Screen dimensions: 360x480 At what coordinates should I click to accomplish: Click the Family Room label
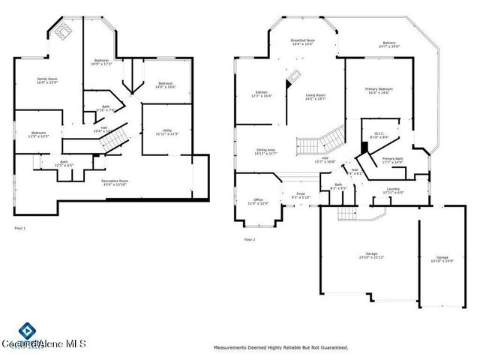(48, 80)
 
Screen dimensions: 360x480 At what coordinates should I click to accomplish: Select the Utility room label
(167, 133)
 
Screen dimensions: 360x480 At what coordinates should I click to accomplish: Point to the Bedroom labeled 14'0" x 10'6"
(165, 85)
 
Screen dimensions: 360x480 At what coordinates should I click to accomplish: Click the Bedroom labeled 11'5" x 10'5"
(39, 134)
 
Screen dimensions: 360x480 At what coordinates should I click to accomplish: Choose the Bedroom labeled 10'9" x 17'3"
(102, 62)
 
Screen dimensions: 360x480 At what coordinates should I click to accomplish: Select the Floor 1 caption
(19, 227)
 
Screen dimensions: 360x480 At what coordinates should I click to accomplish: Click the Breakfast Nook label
(302, 42)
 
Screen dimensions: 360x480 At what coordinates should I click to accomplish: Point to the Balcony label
(389, 44)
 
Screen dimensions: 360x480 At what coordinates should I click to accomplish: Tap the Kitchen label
(261, 94)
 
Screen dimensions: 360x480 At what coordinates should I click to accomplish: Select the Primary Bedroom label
(379, 91)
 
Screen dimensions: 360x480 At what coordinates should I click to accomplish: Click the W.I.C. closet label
(379, 135)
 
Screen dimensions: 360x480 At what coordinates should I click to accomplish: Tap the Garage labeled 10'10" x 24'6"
(442, 259)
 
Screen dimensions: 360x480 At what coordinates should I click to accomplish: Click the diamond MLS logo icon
(26, 330)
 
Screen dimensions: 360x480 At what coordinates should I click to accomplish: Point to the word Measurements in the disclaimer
(232, 348)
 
